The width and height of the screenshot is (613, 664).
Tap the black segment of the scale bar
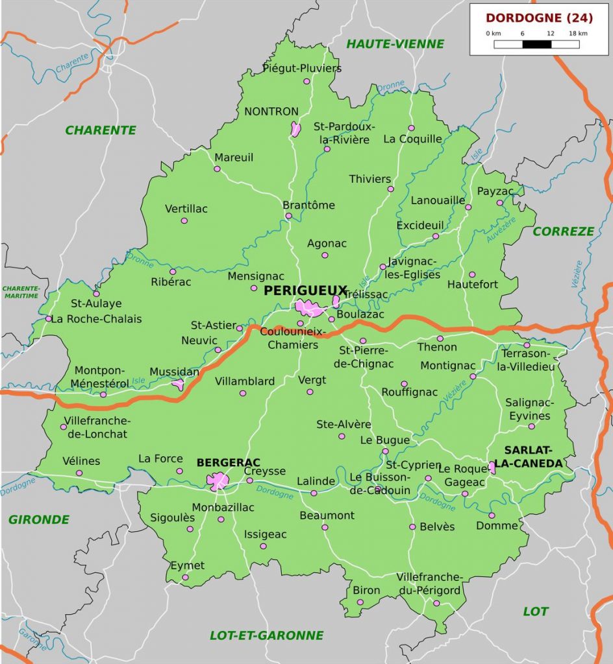point(536,45)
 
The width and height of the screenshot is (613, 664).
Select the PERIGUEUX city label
point(305,291)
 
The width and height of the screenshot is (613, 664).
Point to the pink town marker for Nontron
point(295,129)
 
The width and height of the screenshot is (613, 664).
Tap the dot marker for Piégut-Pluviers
point(306,81)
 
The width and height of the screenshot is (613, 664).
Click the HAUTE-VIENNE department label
point(395,44)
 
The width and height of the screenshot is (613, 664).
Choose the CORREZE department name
point(563,231)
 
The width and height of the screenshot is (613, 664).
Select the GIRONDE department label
point(39,519)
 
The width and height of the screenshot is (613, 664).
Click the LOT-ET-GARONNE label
point(266,635)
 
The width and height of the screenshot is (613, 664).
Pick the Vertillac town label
point(186,209)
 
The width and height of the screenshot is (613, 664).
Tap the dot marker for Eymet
point(185,577)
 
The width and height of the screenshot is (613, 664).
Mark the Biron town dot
point(360,602)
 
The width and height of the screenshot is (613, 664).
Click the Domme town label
point(497,525)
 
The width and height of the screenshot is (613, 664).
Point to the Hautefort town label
point(473,284)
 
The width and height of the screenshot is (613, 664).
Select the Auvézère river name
point(501,230)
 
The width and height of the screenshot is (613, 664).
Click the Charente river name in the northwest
point(71,62)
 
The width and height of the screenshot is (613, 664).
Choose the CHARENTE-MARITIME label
point(21,292)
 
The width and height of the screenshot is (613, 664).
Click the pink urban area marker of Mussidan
point(178,385)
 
